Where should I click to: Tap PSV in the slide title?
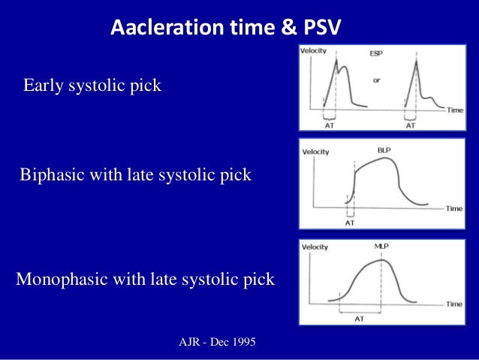(x=320, y=29)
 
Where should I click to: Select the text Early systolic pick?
(x=92, y=86)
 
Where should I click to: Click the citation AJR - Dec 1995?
(x=217, y=343)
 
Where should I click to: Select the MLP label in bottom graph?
(x=381, y=246)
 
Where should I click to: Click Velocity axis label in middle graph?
(x=317, y=151)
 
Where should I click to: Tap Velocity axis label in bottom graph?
(x=316, y=247)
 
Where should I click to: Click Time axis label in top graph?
(x=455, y=110)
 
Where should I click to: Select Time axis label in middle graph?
(x=454, y=208)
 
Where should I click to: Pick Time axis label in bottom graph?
(x=454, y=304)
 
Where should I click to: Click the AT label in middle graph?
(x=350, y=223)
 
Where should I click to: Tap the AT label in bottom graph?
(x=360, y=318)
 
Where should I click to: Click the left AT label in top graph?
(x=328, y=126)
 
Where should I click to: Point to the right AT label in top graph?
(x=411, y=126)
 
